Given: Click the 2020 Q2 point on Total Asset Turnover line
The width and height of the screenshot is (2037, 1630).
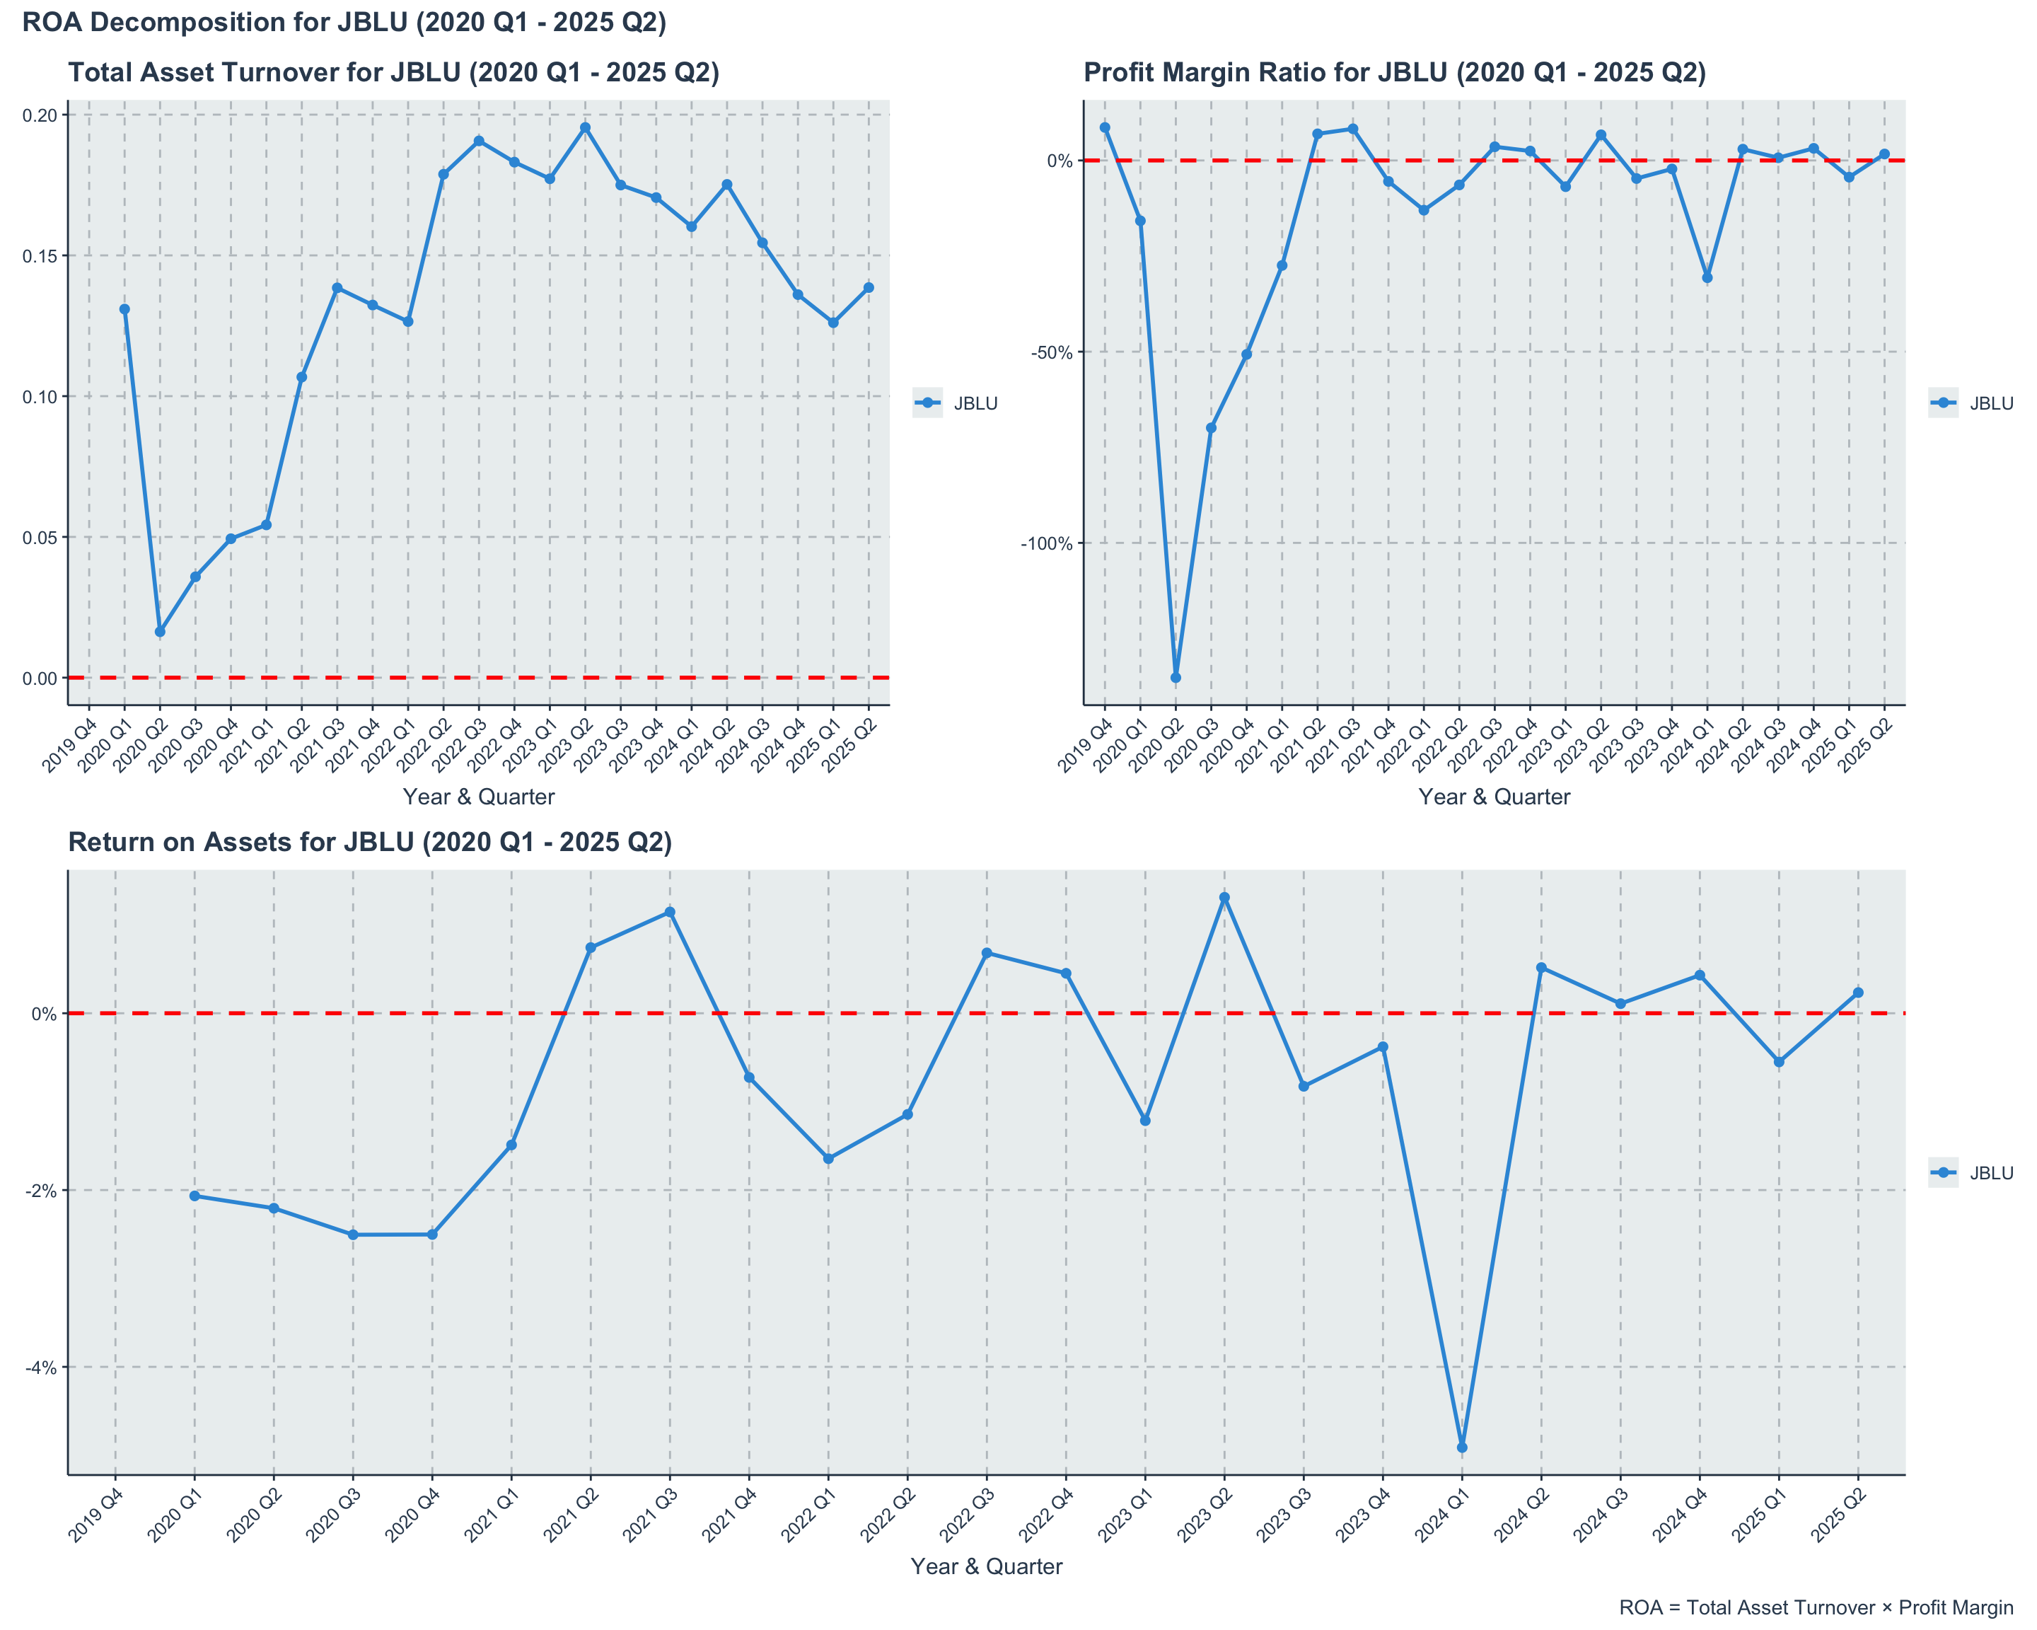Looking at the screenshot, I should point(160,631).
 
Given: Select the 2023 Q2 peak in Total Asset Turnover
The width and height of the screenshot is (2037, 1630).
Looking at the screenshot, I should point(585,127).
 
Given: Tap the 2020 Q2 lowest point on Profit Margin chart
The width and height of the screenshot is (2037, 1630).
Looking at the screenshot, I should point(1176,678).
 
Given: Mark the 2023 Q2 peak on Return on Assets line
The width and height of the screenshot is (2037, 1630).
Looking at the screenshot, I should point(1224,898).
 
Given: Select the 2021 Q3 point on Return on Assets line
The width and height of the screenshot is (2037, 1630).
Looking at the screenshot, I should point(670,912).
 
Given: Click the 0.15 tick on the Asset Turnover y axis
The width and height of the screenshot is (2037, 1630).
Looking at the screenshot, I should point(40,256).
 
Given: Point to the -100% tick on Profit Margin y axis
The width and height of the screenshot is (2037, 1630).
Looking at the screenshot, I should point(1046,543).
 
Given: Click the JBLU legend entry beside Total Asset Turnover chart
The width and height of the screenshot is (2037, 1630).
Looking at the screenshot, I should point(956,403).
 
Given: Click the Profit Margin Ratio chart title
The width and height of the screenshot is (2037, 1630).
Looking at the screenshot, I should point(1395,73).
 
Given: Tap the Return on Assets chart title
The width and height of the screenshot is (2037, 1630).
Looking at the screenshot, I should point(369,842).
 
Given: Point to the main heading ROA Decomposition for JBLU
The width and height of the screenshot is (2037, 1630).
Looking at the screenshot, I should point(344,23).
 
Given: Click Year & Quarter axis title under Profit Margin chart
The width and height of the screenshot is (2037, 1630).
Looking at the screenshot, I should point(1494,797).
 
